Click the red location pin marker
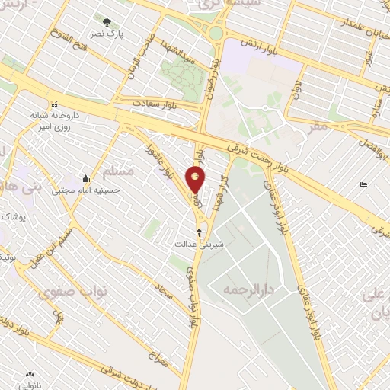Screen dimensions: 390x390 [196, 179]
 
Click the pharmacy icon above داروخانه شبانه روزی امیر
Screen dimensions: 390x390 [53, 104]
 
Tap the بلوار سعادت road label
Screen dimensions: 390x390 [155, 102]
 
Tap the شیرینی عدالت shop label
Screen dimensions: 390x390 [200, 245]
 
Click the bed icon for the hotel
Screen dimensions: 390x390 [363, 185]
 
